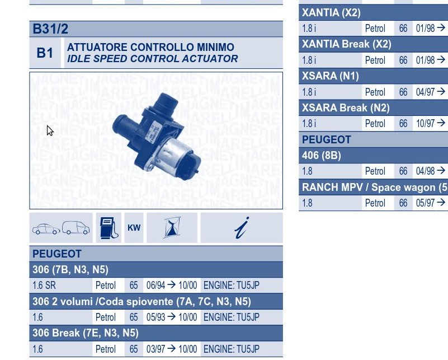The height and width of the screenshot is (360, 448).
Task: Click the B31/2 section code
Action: click(50, 29)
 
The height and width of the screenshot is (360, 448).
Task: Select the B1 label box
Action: click(45, 53)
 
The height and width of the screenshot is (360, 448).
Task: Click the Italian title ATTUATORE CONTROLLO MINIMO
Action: click(150, 47)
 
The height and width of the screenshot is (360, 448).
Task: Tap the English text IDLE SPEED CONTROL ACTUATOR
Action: click(152, 59)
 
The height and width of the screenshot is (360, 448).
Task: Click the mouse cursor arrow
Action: click(50, 130)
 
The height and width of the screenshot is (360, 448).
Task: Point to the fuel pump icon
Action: click(109, 228)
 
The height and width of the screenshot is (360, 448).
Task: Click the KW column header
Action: click(134, 228)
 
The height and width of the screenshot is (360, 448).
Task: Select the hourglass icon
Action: click(172, 228)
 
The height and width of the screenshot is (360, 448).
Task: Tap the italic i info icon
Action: click(242, 228)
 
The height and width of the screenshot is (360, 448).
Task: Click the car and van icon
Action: click(61, 228)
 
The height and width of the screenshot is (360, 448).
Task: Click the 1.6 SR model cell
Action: click(44, 286)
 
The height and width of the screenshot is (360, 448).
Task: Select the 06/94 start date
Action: click(155, 286)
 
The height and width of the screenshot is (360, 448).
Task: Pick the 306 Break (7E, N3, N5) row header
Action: click(86, 333)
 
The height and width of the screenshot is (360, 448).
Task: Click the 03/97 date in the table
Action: click(155, 349)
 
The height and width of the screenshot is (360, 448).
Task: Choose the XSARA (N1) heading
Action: click(331, 76)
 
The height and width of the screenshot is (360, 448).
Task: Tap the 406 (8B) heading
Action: click(322, 156)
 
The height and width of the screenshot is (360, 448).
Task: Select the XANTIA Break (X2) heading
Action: click(347, 44)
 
